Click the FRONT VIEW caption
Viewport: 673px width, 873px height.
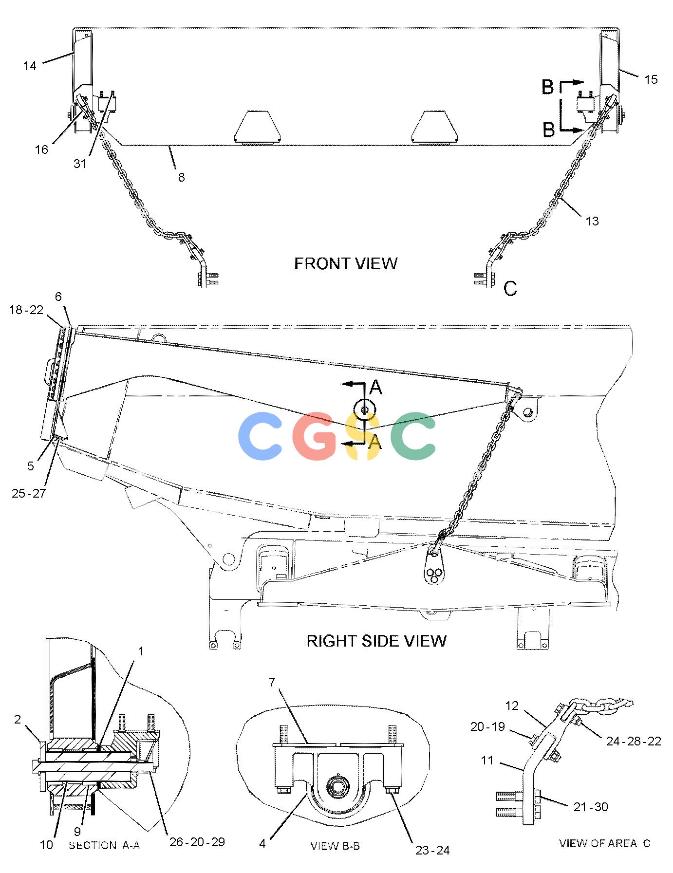346,263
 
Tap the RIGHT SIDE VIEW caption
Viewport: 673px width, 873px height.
376,640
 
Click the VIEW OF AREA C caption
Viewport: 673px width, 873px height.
604,843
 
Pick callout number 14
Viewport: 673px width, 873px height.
30,66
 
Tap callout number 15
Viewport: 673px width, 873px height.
651,79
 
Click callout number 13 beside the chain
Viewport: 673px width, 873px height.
592,221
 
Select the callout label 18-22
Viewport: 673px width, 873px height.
26,310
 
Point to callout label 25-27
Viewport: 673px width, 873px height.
29,493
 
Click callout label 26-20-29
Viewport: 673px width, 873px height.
197,841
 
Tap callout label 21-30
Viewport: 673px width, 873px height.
591,807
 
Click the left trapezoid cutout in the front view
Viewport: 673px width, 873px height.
258,127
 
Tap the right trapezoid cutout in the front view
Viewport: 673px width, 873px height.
435,127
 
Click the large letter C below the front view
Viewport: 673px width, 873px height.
510,289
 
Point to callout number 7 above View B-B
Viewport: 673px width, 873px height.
272,682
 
